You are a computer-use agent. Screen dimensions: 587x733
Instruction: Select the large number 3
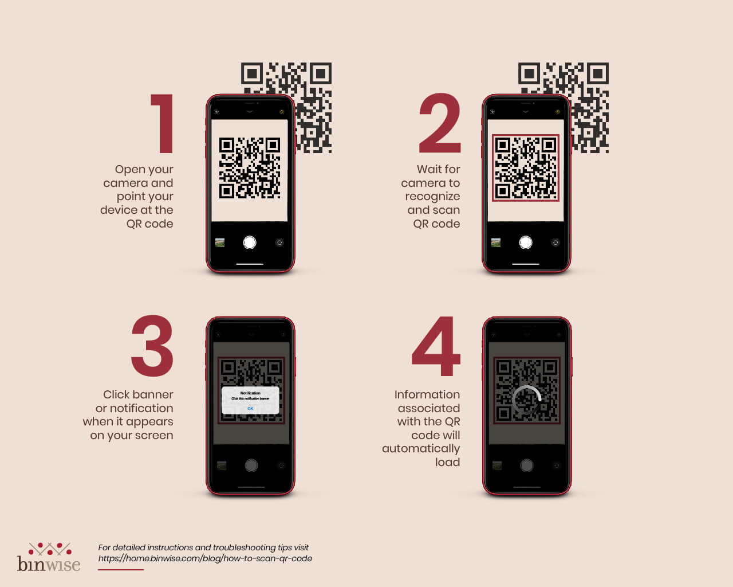pyautogui.click(x=152, y=346)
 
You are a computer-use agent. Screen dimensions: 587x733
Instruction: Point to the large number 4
pyautogui.click(x=436, y=346)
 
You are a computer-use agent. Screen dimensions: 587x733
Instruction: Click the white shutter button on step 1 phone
pyautogui.click(x=250, y=242)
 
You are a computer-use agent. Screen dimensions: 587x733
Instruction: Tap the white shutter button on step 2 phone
pyautogui.click(x=526, y=242)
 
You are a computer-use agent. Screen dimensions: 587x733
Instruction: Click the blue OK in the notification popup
pyautogui.click(x=250, y=408)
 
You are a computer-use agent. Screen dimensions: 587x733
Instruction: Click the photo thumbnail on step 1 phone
pyautogui.click(x=220, y=242)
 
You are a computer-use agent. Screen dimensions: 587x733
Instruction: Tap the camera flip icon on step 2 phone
pyautogui.click(x=555, y=242)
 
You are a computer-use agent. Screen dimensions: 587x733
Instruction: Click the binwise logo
pyautogui.click(x=49, y=557)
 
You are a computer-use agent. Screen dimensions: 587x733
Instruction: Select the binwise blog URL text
pyautogui.click(x=205, y=558)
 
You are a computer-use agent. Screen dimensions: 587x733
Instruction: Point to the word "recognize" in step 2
pyautogui.click(x=432, y=196)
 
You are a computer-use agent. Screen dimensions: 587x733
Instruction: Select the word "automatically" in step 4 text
pyautogui.click(x=421, y=448)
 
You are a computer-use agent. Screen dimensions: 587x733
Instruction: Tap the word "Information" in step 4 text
pyautogui.click(x=427, y=394)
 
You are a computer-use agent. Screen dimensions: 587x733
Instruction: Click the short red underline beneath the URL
pyautogui.click(x=121, y=569)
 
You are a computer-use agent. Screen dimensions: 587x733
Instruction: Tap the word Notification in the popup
pyautogui.click(x=250, y=393)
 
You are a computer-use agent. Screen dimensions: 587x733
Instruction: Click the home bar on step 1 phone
pyautogui.click(x=250, y=264)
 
